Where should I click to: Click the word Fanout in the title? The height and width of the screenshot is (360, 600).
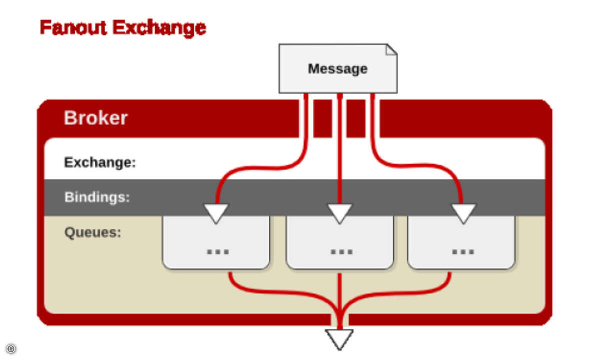73,28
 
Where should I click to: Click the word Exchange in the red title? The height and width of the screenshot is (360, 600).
159,28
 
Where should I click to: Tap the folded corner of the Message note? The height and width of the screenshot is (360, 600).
391,49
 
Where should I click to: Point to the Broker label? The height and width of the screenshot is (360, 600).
96,118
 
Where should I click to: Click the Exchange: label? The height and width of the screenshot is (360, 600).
100,162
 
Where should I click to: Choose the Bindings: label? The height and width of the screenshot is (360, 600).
97,197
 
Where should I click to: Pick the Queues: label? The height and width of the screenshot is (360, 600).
93,232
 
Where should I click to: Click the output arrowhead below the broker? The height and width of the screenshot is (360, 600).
339,338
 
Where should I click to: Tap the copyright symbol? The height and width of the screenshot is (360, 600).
11,348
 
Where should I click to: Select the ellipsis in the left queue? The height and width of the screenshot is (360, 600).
218,251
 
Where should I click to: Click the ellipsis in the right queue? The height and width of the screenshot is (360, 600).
463,251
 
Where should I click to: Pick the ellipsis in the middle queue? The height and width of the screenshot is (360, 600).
341,251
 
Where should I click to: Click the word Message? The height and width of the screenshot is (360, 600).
338,69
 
